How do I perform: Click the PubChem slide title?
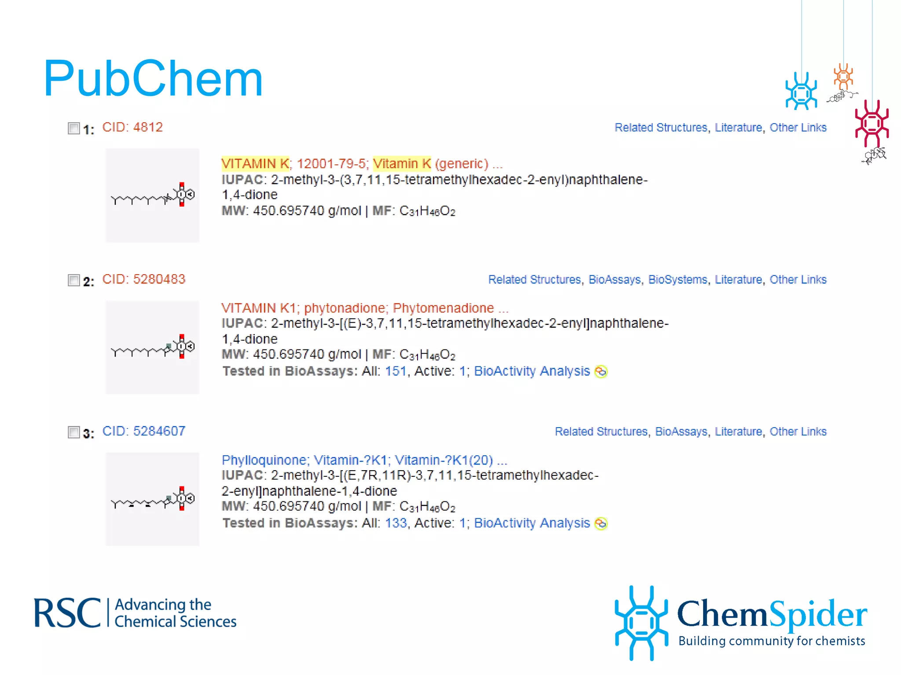click(x=153, y=79)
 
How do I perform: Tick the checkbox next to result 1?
click(x=73, y=128)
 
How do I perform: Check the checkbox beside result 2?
click(x=73, y=280)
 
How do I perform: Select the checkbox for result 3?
click(x=73, y=432)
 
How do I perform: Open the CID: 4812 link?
click(x=132, y=127)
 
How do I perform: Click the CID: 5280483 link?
click(x=143, y=279)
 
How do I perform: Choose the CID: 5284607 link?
click(x=143, y=432)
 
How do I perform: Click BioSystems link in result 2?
click(x=678, y=280)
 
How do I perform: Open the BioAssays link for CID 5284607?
click(x=681, y=432)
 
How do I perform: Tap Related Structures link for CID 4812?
click(x=661, y=128)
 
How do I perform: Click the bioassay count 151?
click(x=396, y=371)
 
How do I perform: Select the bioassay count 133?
click(x=396, y=523)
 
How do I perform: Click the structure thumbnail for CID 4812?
click(x=152, y=195)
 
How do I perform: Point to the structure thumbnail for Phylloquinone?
click(x=152, y=499)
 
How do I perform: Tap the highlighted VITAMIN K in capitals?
click(x=255, y=164)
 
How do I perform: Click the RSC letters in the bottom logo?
click(x=67, y=613)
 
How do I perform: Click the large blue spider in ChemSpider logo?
click(x=641, y=622)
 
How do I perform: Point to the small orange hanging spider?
click(x=843, y=77)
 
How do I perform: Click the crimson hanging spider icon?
click(x=872, y=123)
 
